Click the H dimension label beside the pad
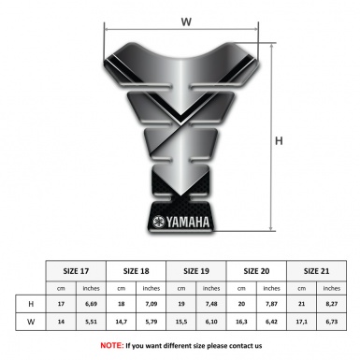point(279,142)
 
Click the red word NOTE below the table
point(110,345)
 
